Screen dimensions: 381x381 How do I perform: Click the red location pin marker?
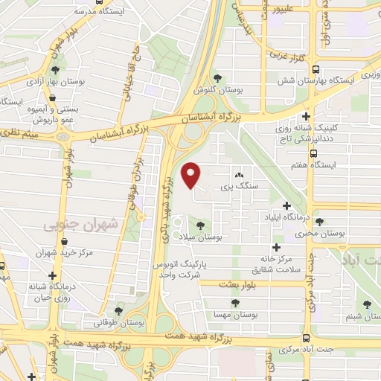pos(192,176)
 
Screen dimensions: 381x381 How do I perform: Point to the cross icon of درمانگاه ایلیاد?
pos(286,205)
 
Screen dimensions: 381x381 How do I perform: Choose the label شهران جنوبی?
pos(71,223)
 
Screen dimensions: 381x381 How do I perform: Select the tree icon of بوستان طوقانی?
pos(118,311)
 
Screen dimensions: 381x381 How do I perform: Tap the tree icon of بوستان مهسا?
pos(235,302)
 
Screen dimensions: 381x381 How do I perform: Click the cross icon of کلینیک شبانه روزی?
pos(306,117)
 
